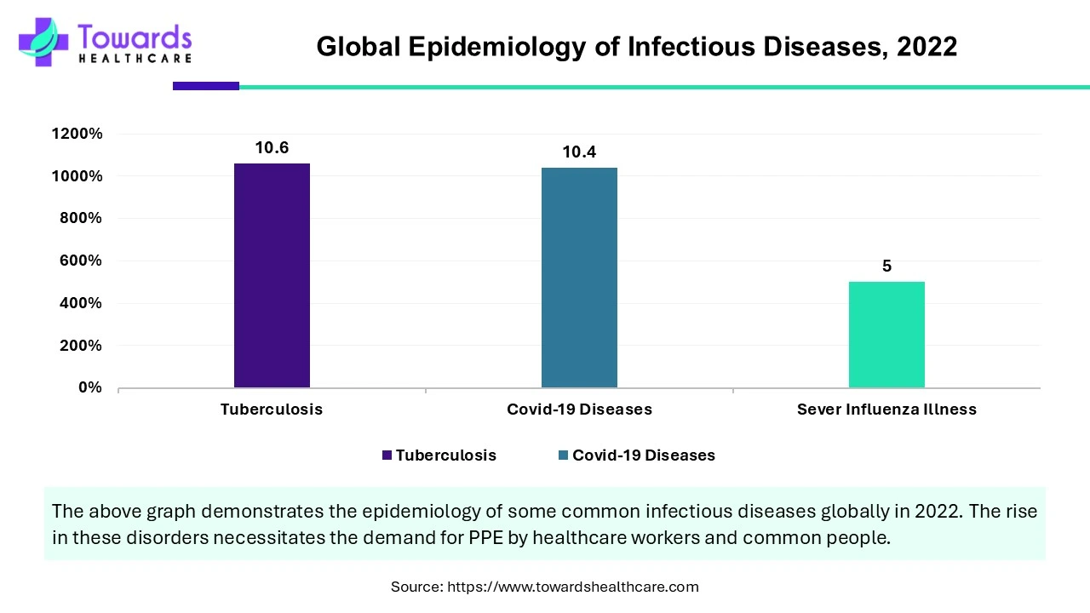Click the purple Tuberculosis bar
tap(272, 275)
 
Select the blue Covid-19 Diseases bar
tap(579, 278)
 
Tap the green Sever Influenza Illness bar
tap(886, 335)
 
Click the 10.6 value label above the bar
tap(272, 148)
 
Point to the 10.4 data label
tap(579, 152)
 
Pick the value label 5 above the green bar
tap(886, 266)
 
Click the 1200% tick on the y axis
tap(77, 134)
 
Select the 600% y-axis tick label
tap(80, 261)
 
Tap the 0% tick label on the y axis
tap(89, 387)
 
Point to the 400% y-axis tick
tap(80, 303)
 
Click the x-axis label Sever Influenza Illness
tap(886, 410)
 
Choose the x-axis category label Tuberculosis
tap(272, 410)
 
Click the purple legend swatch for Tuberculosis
tap(387, 455)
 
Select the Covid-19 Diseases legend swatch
tap(563, 455)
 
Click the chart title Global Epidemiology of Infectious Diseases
tap(636, 47)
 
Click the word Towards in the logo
tap(135, 37)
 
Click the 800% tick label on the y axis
tap(80, 218)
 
